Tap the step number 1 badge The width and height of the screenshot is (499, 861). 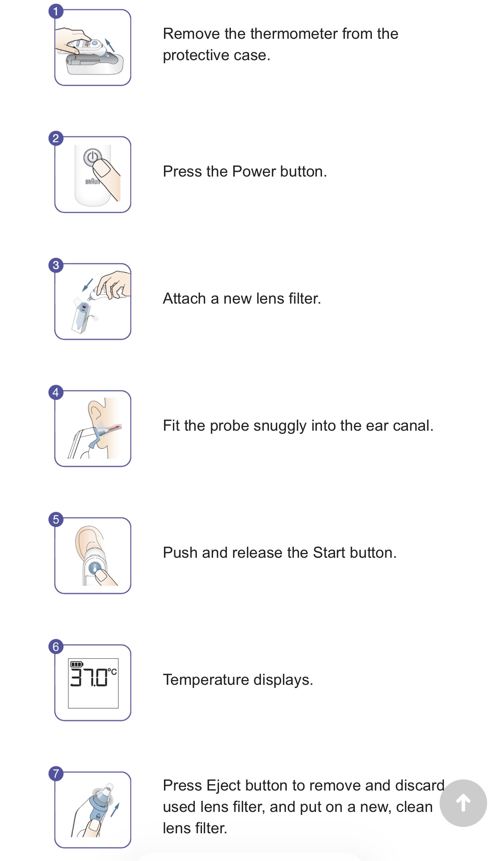56,11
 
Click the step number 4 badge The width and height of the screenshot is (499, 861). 56,392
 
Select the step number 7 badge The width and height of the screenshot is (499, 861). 56,774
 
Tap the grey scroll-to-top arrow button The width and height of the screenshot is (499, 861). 463,803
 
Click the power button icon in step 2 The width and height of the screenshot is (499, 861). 92,157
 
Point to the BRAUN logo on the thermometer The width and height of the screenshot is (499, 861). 93,182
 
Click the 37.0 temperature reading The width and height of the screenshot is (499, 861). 89,677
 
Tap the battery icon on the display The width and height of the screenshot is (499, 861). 76,664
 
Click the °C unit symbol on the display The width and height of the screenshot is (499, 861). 112,672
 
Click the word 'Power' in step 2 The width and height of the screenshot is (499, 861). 254,171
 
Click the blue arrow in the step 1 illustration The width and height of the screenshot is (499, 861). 109,45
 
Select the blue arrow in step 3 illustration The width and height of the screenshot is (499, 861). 87,285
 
